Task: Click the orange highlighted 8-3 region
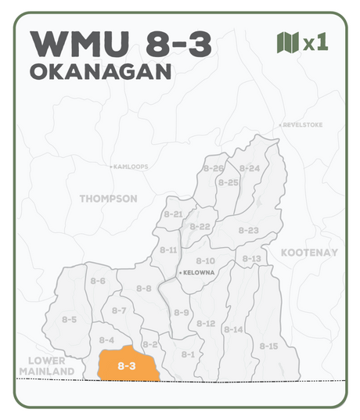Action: [127, 365]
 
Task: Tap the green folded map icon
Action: [288, 42]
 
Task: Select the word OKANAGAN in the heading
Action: [99, 72]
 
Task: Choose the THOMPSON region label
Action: [108, 199]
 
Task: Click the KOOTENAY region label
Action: [309, 253]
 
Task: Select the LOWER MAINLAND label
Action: [46, 365]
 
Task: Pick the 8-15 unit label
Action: [268, 346]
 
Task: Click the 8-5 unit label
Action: [69, 319]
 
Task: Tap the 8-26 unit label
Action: [213, 169]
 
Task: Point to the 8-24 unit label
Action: [250, 168]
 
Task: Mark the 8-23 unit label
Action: [248, 230]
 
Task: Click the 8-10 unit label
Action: [205, 260]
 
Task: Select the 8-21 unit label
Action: [173, 214]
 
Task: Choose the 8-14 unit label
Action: [233, 329]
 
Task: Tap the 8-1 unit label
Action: [188, 354]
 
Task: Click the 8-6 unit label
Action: [98, 281]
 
